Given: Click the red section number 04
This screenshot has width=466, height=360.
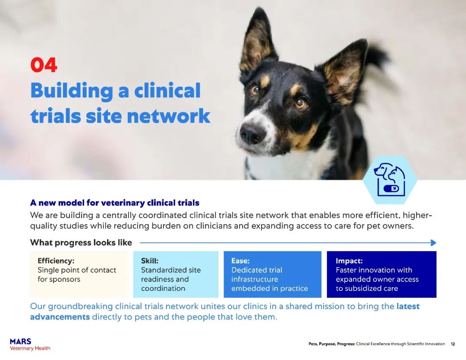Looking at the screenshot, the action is click(x=44, y=65).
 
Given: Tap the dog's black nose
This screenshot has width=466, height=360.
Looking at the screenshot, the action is click(x=252, y=133).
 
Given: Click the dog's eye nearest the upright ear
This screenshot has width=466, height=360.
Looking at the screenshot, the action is click(x=255, y=89).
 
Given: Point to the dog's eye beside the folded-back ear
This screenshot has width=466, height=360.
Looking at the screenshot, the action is click(x=300, y=103).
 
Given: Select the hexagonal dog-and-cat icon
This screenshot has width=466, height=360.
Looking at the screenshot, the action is click(x=389, y=180).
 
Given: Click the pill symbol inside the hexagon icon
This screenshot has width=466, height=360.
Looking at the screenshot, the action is click(x=391, y=189).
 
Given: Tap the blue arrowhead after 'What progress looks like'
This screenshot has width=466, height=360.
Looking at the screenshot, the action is click(x=433, y=243).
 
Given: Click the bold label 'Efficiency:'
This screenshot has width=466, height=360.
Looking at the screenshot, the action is click(x=56, y=261).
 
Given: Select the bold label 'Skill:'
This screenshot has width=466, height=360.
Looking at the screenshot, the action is click(x=149, y=261).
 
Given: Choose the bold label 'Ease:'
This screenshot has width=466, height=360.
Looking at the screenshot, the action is click(x=240, y=261).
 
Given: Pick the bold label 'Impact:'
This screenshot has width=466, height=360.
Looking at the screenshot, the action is click(x=349, y=261).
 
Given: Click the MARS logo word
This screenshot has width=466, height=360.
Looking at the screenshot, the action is click(x=21, y=341).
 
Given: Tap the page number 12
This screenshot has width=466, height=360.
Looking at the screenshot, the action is click(x=453, y=344).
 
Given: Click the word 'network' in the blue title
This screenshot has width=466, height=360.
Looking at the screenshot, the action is click(x=169, y=116).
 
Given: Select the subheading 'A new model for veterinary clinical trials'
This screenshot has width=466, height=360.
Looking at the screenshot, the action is click(x=115, y=203).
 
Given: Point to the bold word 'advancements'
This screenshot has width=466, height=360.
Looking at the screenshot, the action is click(x=60, y=317).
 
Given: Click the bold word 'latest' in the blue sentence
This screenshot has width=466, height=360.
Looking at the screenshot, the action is click(x=408, y=306).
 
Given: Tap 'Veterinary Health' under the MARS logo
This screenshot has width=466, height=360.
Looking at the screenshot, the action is click(x=30, y=348).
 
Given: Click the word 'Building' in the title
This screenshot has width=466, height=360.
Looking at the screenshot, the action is click(x=72, y=91).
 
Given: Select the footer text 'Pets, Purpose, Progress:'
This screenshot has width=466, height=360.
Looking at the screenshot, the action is click(x=332, y=344).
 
